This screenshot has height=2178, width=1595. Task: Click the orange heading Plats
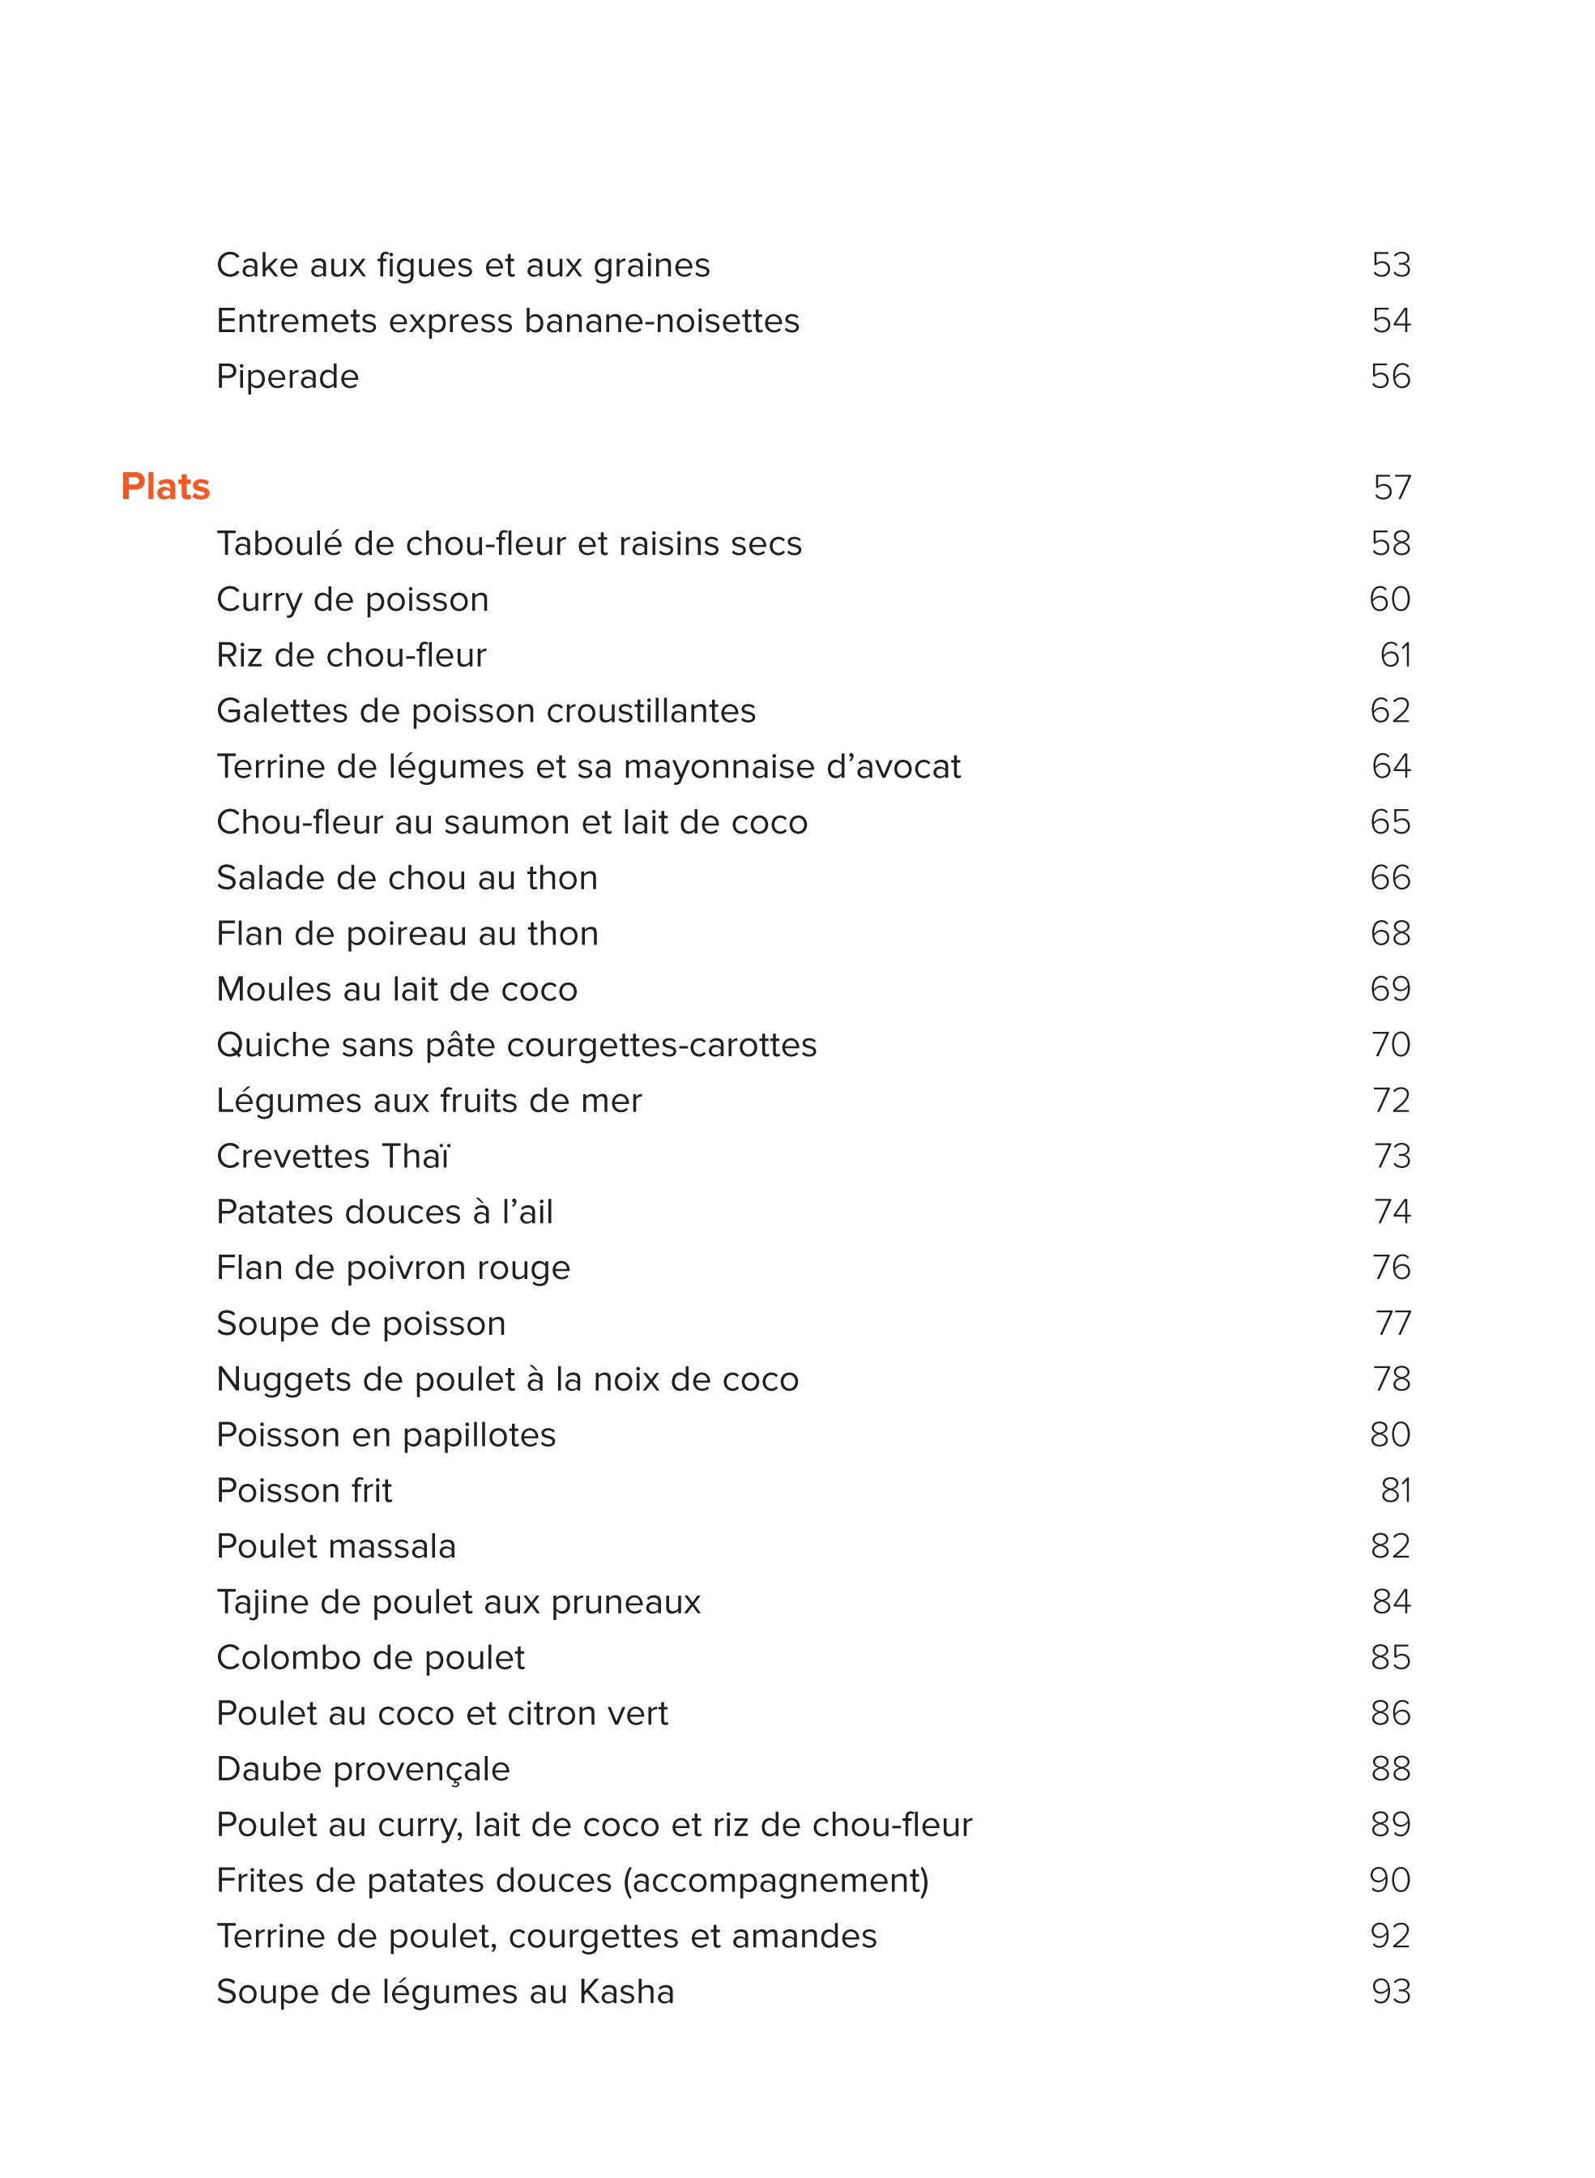point(165,488)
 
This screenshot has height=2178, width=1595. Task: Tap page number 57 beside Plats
point(1392,488)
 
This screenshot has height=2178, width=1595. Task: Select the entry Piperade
point(287,377)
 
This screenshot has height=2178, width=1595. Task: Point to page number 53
point(1390,266)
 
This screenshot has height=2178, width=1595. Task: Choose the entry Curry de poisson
point(352,599)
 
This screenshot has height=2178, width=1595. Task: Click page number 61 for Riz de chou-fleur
point(1394,655)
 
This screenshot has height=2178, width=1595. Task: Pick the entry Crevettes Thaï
point(332,1157)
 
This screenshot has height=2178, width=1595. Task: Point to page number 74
point(1392,1212)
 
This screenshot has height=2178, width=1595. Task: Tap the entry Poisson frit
point(303,1490)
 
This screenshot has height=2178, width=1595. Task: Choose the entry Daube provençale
point(362,1770)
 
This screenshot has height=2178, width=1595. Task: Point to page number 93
point(1390,1992)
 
